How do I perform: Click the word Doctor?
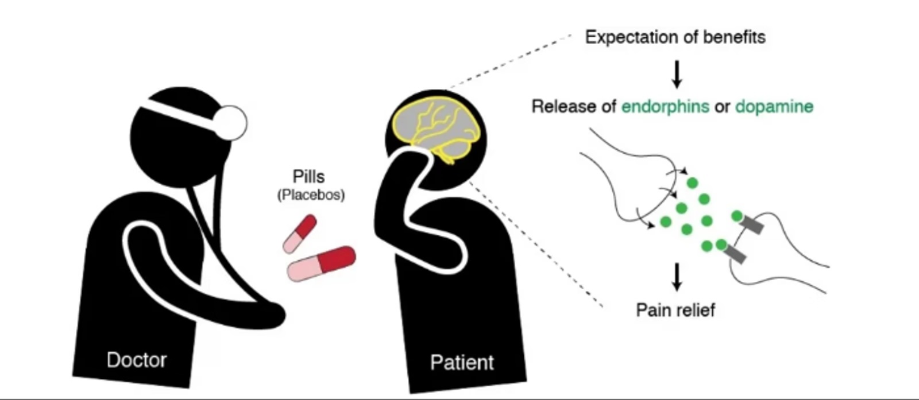(x=137, y=360)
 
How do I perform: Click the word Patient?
(x=462, y=363)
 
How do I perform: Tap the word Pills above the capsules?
(x=309, y=176)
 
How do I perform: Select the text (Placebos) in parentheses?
(x=311, y=195)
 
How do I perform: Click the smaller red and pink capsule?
(x=300, y=233)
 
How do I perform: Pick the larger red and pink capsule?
(x=322, y=263)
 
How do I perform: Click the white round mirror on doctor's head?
(x=230, y=123)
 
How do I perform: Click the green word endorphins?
(x=665, y=107)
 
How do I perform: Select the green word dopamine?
(x=774, y=107)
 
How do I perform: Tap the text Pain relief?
(x=675, y=310)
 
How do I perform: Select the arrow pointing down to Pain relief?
(x=677, y=277)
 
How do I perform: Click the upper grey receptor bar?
(x=752, y=224)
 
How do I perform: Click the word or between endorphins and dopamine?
(x=722, y=107)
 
